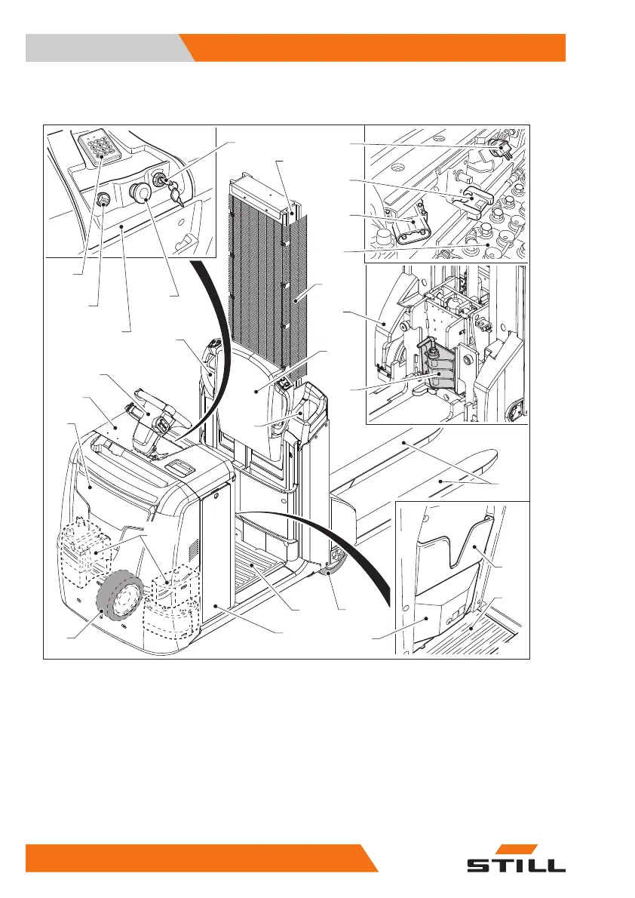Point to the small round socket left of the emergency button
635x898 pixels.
click(x=103, y=201)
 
